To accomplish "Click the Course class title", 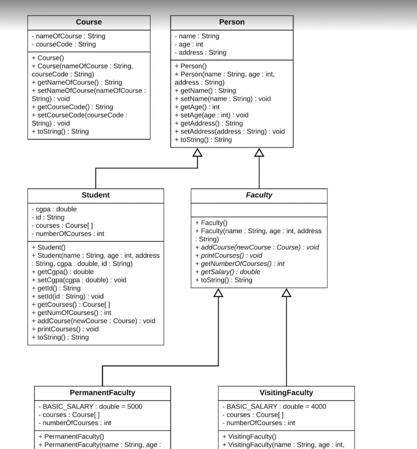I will click(x=88, y=22).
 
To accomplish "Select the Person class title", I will click(x=232, y=22).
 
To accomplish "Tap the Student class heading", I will click(x=95, y=195).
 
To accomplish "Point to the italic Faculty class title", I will click(x=259, y=195).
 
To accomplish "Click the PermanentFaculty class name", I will click(x=102, y=392).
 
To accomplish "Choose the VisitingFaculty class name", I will click(x=286, y=392).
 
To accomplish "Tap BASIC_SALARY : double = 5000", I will click(x=92, y=406).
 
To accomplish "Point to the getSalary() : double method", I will click(x=227, y=272).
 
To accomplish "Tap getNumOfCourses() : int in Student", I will click(x=71, y=313).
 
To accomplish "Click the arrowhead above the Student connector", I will click(x=198, y=153).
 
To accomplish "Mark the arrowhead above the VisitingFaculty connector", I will click(x=286, y=293).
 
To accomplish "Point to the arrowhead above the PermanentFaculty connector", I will click(x=218, y=293).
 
